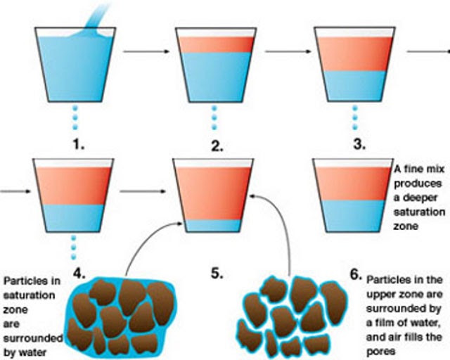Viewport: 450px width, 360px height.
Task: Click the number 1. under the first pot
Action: [x=78, y=146]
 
